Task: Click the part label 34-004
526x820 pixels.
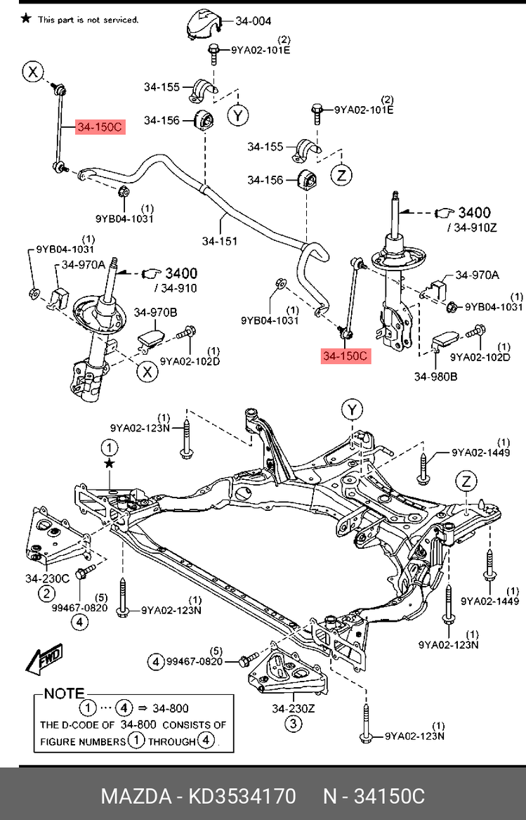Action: [x=253, y=21]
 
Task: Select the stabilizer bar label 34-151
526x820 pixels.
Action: [x=220, y=241]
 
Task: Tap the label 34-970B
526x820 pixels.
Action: [x=155, y=312]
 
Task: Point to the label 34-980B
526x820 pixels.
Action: [x=435, y=377]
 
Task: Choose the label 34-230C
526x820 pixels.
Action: [x=47, y=578]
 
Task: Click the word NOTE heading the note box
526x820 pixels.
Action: [x=64, y=694]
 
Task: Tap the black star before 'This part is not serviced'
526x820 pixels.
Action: [x=26, y=19]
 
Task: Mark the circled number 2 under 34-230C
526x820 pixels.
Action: [x=46, y=594]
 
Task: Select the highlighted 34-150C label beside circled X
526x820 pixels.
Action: [x=100, y=127]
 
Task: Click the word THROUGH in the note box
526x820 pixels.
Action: [x=172, y=740]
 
